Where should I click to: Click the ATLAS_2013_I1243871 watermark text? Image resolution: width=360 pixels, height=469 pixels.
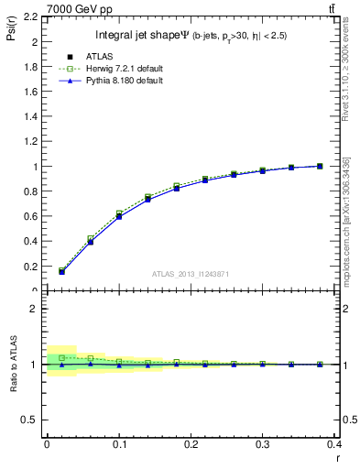point(190,274)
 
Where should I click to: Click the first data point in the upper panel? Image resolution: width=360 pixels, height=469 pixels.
point(61,272)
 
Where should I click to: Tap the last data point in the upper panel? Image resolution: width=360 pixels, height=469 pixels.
point(320,166)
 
